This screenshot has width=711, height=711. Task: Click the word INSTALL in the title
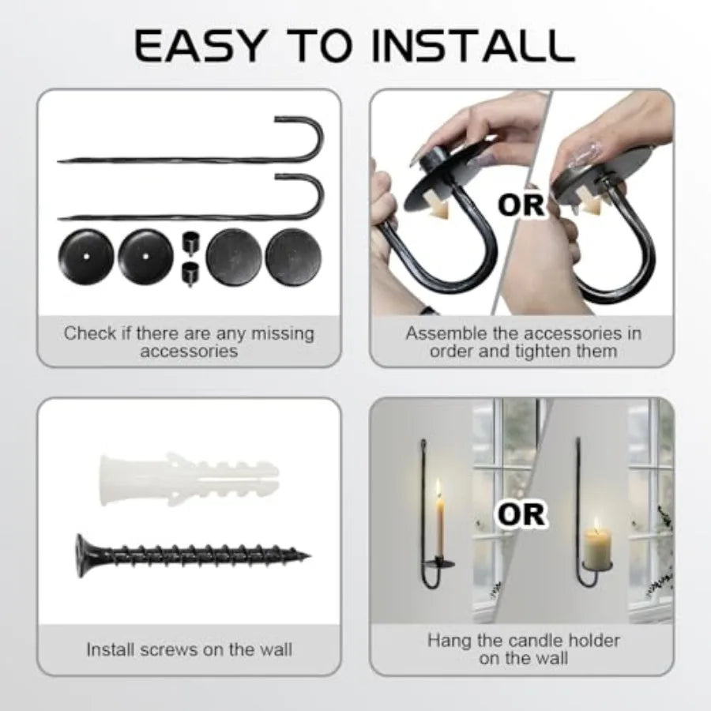point(473,46)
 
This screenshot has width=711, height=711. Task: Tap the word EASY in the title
point(200,46)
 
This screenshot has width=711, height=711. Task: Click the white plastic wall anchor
point(189,480)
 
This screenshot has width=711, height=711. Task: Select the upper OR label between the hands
point(521,205)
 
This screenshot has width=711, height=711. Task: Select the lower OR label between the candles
point(521,514)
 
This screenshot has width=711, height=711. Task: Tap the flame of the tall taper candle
point(438,487)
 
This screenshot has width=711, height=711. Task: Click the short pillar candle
point(597,549)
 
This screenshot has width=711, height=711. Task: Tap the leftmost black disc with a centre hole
point(85,256)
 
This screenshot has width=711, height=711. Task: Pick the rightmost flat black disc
point(293,257)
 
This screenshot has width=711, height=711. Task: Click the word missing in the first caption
point(283,334)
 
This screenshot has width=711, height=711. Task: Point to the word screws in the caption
point(169,650)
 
